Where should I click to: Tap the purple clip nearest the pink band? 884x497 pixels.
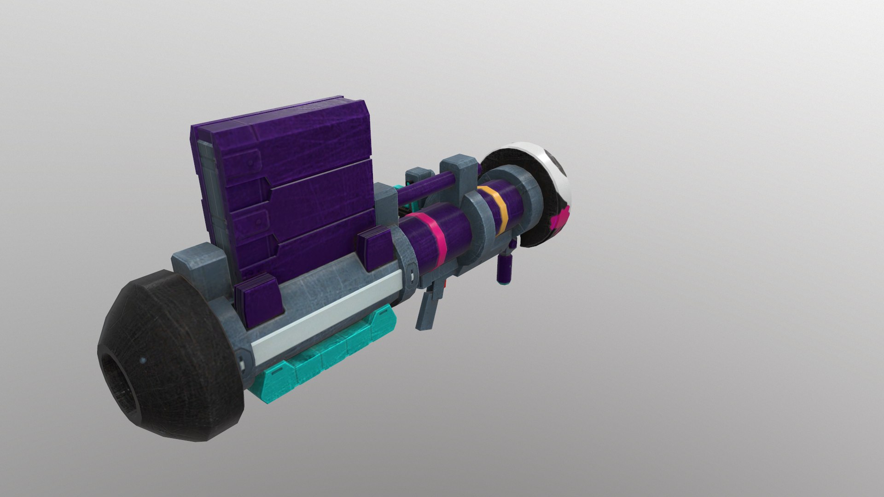tap(375, 251)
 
